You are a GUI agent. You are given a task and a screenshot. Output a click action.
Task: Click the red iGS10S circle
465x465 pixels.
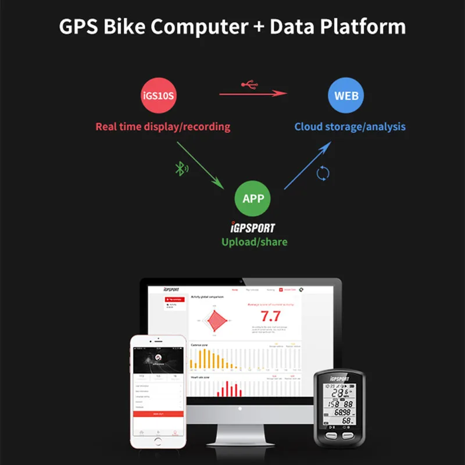pyautogui.click(x=158, y=96)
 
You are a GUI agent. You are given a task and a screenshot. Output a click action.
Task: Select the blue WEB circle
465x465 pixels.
pyautogui.click(x=346, y=96)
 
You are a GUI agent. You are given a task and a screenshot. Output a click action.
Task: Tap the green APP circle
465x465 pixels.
pyautogui.click(x=253, y=199)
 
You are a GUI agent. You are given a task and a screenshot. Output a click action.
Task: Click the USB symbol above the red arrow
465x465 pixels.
pyautogui.click(x=249, y=85)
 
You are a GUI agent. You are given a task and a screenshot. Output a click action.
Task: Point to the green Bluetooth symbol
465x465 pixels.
pyautogui.click(x=181, y=169)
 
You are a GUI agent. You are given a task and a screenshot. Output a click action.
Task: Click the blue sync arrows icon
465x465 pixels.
pyautogui.click(x=323, y=173)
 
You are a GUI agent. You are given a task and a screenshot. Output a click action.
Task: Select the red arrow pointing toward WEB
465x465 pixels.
pyautogui.click(x=253, y=93)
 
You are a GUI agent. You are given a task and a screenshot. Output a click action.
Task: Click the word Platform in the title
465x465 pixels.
pyautogui.click(x=361, y=27)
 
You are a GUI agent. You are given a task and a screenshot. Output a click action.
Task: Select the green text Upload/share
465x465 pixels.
pyautogui.click(x=254, y=241)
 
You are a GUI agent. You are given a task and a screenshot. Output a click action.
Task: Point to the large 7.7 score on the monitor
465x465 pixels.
pyautogui.click(x=270, y=316)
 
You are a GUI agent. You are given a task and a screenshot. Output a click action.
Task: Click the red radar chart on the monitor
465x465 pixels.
pyautogui.click(x=215, y=320)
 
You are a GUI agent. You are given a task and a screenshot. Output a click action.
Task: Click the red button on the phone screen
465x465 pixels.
pyautogui.click(x=158, y=414)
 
